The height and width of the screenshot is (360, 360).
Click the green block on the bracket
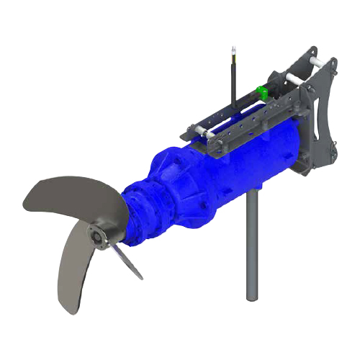264,91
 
